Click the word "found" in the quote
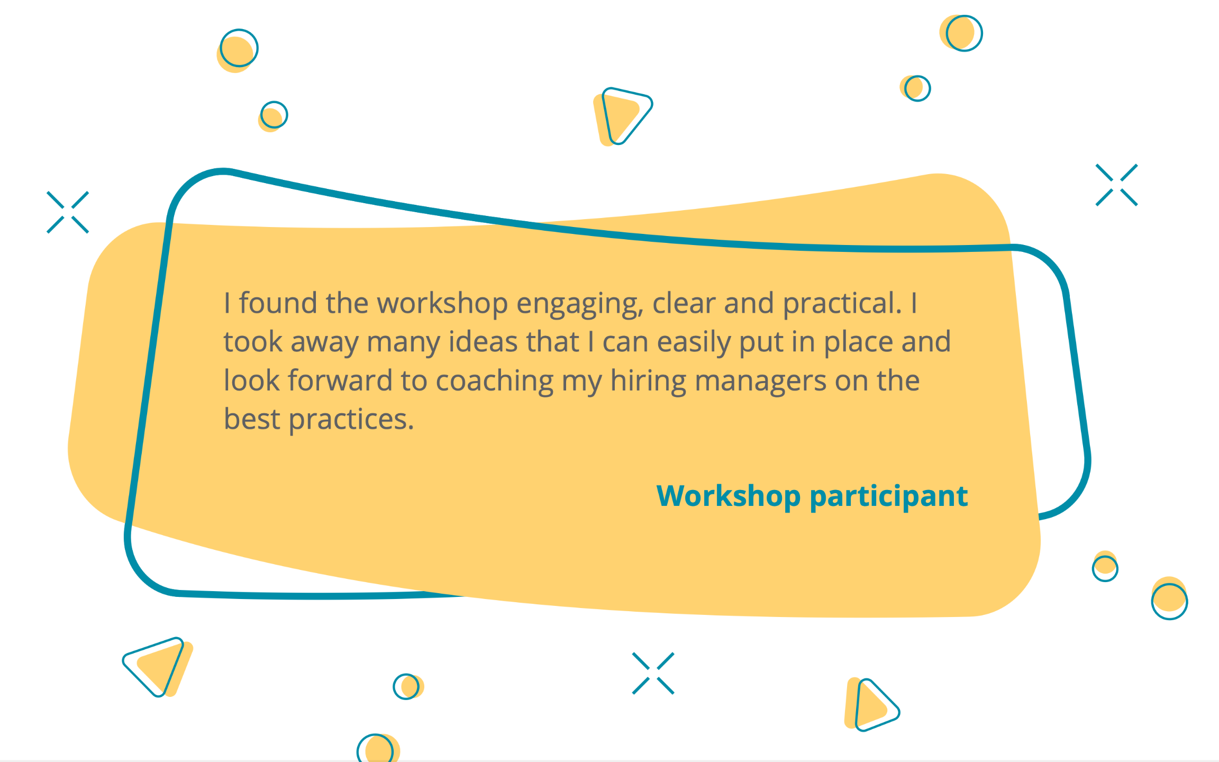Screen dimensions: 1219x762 coord(278,303)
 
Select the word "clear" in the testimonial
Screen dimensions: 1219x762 coord(684,303)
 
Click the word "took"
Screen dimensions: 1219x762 coord(253,342)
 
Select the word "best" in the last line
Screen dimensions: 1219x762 coord(252,419)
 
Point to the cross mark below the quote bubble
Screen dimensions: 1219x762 coord(653,673)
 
